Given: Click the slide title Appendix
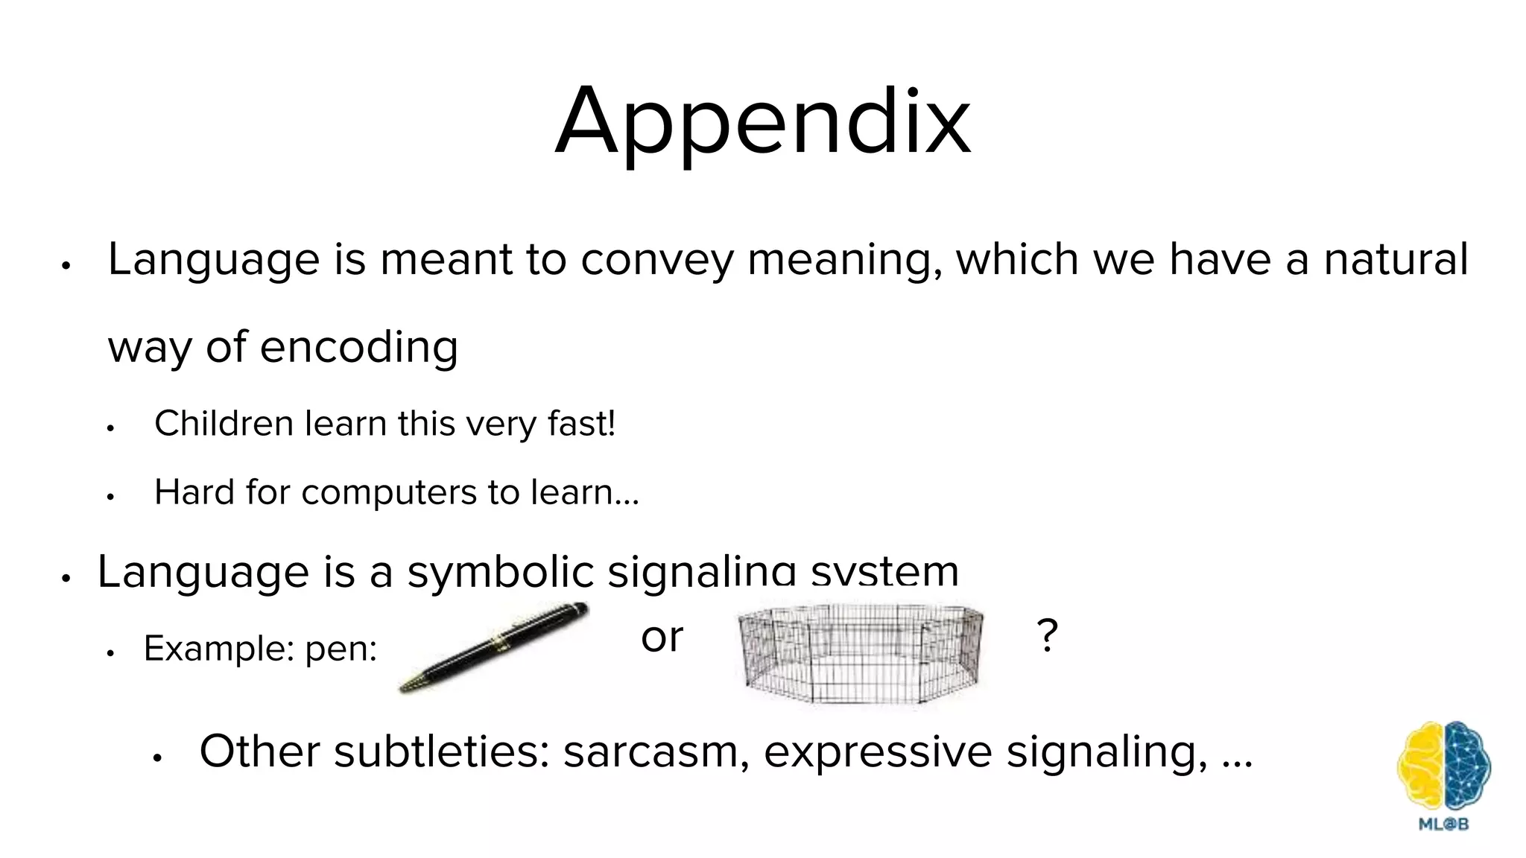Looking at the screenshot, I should click(x=762, y=123).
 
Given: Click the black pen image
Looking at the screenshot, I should click(x=493, y=646).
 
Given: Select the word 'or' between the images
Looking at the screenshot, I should click(x=662, y=638).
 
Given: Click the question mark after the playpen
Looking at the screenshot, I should click(x=1047, y=636).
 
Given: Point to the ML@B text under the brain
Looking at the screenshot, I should click(x=1443, y=824).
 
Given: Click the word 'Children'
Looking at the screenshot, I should click(x=224, y=424).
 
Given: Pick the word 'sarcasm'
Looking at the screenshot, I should click(x=656, y=751).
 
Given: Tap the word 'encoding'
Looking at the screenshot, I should click(x=358, y=347).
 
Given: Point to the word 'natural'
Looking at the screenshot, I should click(x=1395, y=259).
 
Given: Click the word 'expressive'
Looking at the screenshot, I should click(x=877, y=751).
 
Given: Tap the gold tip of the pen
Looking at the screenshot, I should click(x=410, y=684).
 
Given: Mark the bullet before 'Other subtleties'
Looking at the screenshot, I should click(x=156, y=758).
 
